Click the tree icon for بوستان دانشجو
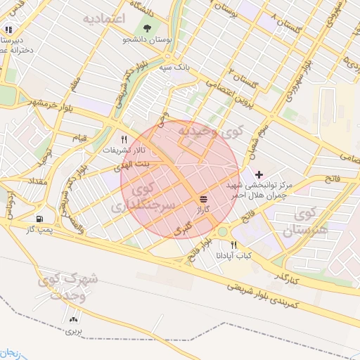coord(147,28)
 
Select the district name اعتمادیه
coord(103,17)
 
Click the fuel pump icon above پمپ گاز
coord(38,219)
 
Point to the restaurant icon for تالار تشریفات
coord(124,139)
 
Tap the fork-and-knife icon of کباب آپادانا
coord(233,244)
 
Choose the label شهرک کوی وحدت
coord(70,288)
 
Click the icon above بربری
coord(74,319)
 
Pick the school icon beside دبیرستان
coord(8,30)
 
